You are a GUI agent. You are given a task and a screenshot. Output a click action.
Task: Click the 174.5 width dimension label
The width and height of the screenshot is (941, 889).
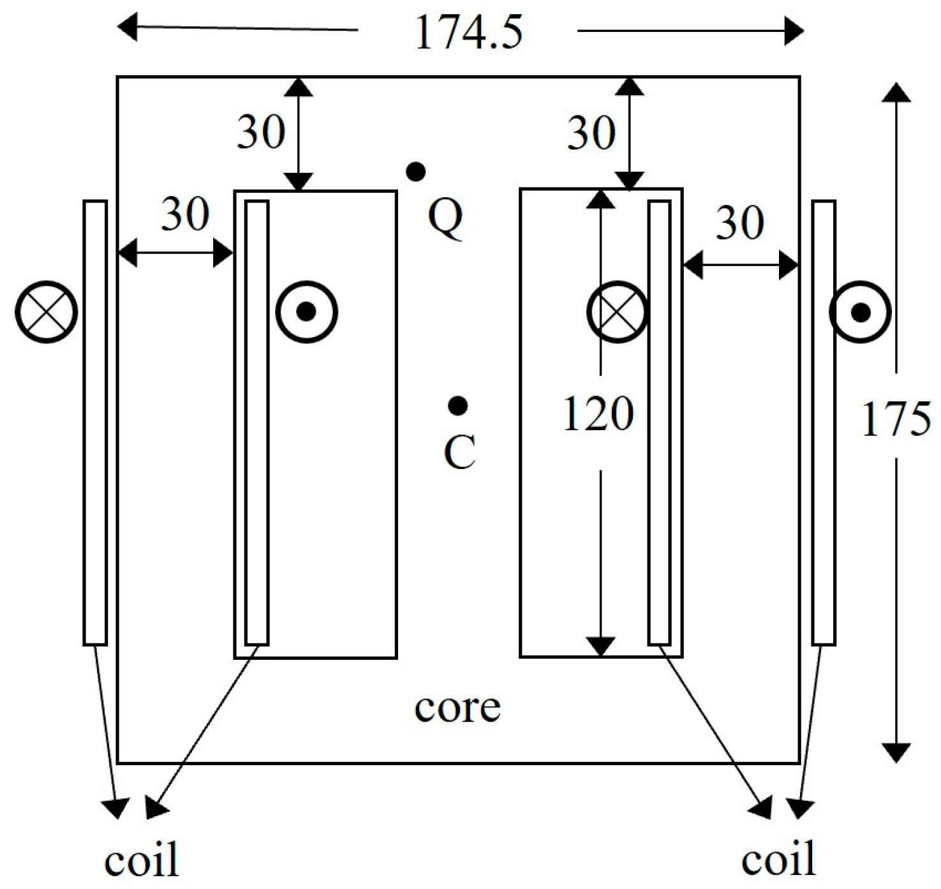tap(468, 32)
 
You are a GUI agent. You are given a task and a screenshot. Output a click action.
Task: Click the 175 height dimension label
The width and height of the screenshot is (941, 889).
tap(896, 419)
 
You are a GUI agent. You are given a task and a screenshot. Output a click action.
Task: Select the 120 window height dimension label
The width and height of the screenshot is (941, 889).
tap(598, 414)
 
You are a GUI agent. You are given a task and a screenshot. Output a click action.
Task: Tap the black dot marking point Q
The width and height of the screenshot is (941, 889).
tap(416, 171)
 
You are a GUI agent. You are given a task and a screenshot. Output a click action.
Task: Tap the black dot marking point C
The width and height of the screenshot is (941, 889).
tap(457, 405)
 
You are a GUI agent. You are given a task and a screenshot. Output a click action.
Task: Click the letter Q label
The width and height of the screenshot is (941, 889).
tap(445, 218)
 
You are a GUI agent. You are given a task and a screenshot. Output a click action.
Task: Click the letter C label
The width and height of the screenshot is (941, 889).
tap(459, 452)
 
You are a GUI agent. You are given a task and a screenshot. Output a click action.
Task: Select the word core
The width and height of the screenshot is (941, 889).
tap(457, 707)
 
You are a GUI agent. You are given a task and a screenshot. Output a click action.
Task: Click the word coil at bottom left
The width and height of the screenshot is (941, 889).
tap(141, 860)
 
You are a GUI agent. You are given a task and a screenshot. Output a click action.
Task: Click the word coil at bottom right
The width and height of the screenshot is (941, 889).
tap(778, 858)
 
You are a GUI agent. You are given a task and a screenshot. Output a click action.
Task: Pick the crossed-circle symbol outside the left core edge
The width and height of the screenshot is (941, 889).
tap(47, 312)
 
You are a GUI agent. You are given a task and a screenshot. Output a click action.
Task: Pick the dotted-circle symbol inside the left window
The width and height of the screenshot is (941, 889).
tap(307, 311)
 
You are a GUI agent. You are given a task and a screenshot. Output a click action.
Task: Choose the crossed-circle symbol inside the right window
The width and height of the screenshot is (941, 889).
tap(617, 312)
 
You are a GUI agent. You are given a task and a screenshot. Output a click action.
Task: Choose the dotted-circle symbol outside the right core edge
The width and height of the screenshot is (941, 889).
tap(860, 312)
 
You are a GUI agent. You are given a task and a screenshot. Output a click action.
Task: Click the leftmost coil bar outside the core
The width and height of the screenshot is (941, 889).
tap(95, 422)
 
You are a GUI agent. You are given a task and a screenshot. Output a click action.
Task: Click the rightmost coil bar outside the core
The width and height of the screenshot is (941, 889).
tap(824, 422)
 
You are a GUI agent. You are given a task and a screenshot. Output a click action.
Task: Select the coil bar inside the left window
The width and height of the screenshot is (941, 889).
tap(257, 422)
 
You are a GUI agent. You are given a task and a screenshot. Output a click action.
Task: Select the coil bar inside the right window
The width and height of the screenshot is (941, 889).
tap(660, 422)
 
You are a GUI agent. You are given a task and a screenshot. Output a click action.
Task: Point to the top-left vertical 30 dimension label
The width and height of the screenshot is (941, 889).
tap(261, 133)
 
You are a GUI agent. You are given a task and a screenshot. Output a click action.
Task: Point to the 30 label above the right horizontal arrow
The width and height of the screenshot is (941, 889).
tap(739, 223)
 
